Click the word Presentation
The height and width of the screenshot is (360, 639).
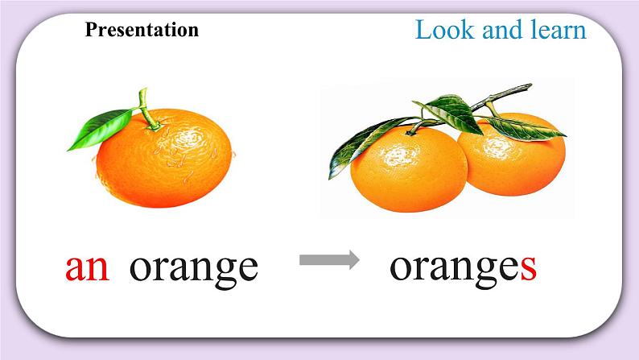pyautogui.click(x=141, y=31)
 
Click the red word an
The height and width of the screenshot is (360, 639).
pyautogui.click(x=87, y=267)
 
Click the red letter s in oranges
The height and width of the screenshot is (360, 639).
pyautogui.click(x=528, y=267)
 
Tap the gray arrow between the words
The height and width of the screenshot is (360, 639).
pyautogui.click(x=329, y=259)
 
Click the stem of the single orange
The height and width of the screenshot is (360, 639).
pyautogui.click(x=145, y=105)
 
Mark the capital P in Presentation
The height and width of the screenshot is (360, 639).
pyautogui.click(x=90, y=31)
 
